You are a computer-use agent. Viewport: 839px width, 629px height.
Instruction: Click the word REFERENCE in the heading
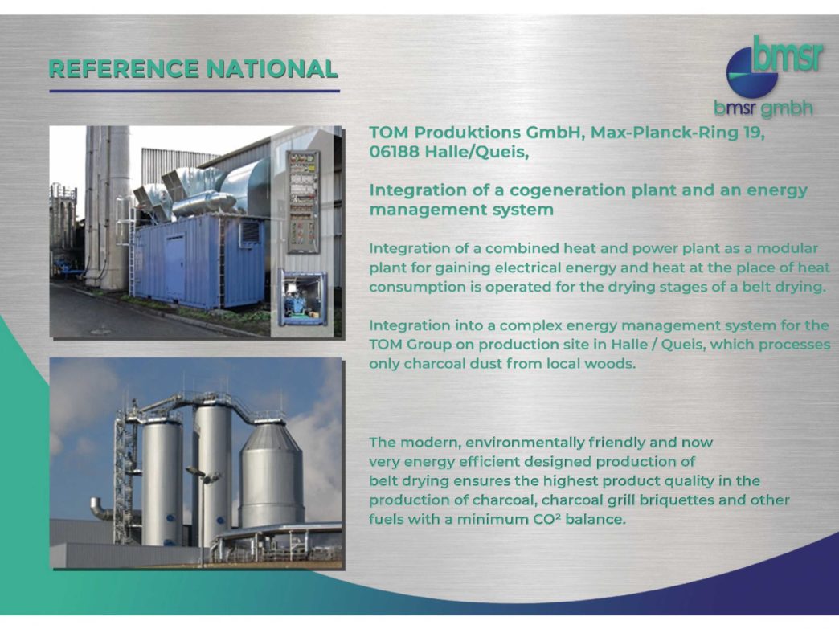pos(125,69)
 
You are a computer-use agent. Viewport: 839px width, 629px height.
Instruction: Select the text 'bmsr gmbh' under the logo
pos(763,108)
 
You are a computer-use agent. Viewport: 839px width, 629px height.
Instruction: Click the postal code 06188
pos(394,153)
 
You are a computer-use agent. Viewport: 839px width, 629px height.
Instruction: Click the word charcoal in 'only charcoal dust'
pos(433,364)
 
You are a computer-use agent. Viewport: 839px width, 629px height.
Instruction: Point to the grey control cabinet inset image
pos(303,202)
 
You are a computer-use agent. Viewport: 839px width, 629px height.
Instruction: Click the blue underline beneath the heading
pos(194,91)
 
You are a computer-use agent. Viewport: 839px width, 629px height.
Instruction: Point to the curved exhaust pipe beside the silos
pos(100,509)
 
